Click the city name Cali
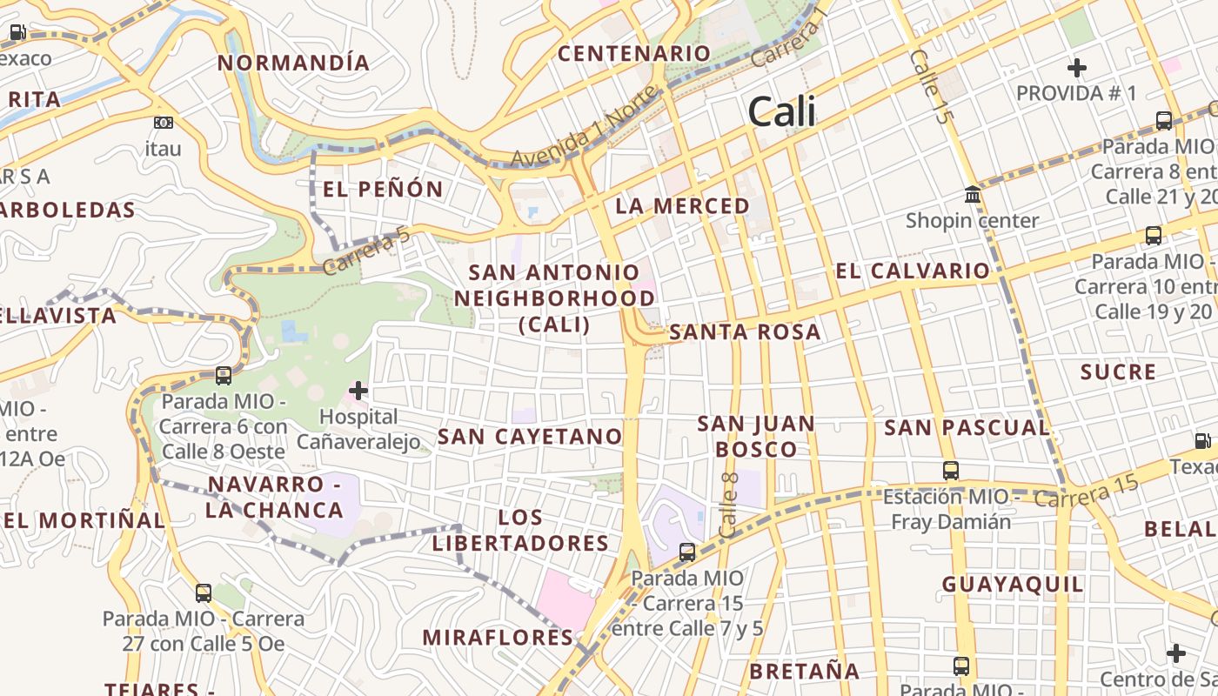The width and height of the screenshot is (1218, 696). (x=781, y=111)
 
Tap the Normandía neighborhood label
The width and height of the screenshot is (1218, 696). (x=293, y=63)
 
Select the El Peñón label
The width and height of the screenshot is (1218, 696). (x=383, y=189)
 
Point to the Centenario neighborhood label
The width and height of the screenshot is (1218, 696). (x=634, y=53)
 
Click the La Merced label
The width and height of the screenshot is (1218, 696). (x=682, y=206)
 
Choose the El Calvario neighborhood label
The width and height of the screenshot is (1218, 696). (x=913, y=271)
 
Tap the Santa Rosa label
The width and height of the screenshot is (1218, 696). (x=745, y=331)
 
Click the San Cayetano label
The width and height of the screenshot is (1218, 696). (x=530, y=436)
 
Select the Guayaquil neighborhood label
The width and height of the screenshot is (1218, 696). (x=1013, y=584)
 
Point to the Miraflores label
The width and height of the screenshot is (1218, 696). (x=498, y=637)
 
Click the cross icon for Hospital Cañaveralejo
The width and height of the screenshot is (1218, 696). (x=358, y=391)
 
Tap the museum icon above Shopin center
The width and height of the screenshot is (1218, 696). (x=973, y=194)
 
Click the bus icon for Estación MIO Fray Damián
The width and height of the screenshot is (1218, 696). (x=950, y=471)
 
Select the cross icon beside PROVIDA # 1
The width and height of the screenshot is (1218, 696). (x=1077, y=67)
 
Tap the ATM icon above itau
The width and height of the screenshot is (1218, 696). (x=163, y=123)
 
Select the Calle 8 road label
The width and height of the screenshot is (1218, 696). (x=729, y=505)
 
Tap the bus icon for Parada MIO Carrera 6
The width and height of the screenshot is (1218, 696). (x=224, y=376)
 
